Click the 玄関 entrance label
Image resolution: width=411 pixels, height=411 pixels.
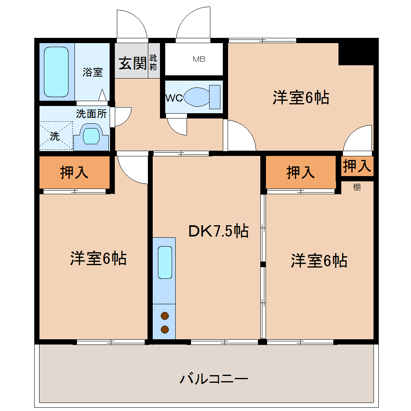[132, 63]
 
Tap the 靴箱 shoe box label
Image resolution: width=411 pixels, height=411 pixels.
[154, 63]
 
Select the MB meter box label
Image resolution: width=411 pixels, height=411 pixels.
[199, 60]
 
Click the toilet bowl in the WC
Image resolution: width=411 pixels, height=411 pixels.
[197, 97]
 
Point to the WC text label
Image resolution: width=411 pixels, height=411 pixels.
[174, 98]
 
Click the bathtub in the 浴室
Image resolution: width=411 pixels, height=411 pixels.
[56, 72]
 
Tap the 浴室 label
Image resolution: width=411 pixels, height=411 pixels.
[93, 72]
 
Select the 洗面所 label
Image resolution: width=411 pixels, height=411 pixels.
[91, 114]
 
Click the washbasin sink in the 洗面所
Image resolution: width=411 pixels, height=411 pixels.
[91, 136]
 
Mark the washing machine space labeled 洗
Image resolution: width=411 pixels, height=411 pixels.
[56, 136]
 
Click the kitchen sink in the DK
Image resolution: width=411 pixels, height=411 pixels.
[165, 262]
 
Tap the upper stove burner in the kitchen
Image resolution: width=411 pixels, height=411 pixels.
[164, 316]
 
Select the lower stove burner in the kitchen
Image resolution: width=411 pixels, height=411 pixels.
[164, 330]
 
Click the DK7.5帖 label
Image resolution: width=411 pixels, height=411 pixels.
[218, 231]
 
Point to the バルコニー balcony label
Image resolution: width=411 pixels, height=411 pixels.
[214, 379]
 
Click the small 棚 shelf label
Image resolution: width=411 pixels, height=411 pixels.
[357, 187]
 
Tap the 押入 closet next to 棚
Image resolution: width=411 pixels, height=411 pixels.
[357, 166]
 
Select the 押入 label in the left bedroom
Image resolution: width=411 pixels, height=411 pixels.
[74, 172]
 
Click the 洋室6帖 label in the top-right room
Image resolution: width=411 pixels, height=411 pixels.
[301, 98]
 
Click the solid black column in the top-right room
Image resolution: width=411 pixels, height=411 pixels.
[356, 52]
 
